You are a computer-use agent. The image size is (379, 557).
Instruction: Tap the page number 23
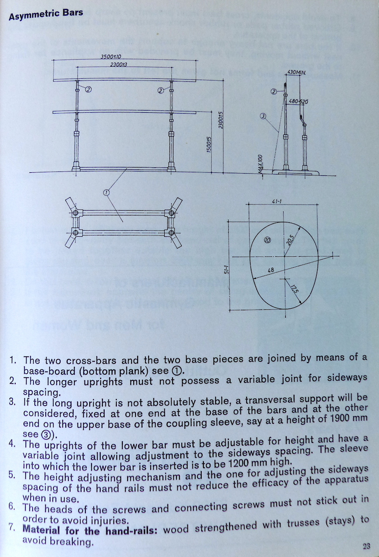click(366, 546)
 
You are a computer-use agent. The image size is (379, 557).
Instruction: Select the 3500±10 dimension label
click(111, 57)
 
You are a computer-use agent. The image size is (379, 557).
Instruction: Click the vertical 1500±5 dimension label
click(209, 144)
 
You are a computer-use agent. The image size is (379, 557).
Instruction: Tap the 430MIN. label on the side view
click(297, 73)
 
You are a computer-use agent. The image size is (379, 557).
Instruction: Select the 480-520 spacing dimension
click(298, 101)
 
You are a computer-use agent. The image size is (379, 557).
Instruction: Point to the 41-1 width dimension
click(283, 201)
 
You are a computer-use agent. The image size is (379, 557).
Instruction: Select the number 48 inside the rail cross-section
click(271, 270)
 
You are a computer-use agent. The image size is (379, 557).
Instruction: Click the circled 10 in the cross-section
click(267, 240)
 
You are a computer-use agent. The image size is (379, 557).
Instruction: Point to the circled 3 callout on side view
click(263, 116)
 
